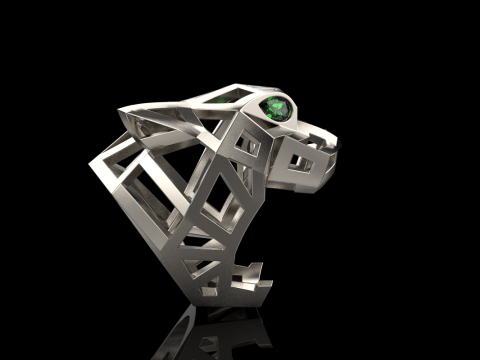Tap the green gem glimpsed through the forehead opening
point(219,100)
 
